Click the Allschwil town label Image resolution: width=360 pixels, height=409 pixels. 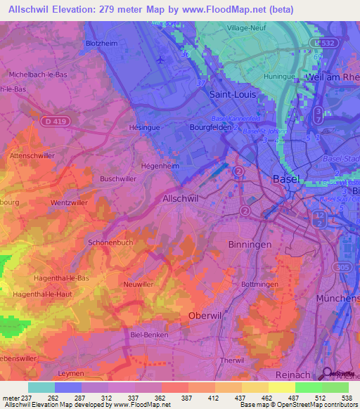coord(181,199)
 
